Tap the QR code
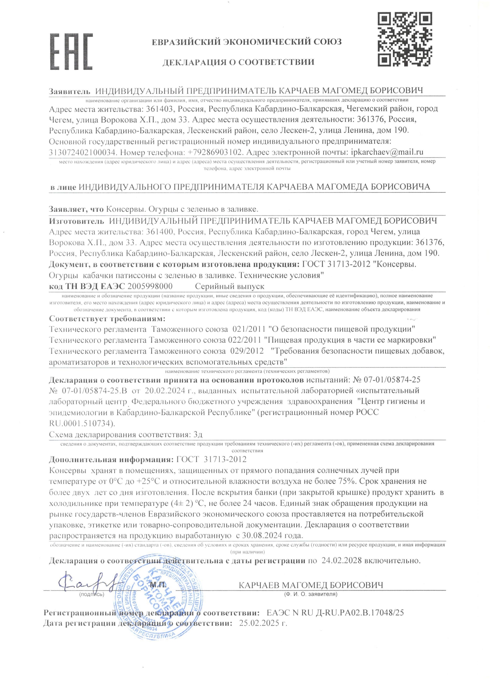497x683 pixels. pos(405,39)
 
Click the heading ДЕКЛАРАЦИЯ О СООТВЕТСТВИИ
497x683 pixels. pos(238,62)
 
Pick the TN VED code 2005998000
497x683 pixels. pos(150,286)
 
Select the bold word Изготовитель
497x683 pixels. pos(77,221)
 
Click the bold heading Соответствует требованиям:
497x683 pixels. pos(107,319)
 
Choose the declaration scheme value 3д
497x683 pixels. pos(198,434)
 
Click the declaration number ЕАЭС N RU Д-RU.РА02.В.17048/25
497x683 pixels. pos(335,612)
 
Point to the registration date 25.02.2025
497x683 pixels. pos(259,623)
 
